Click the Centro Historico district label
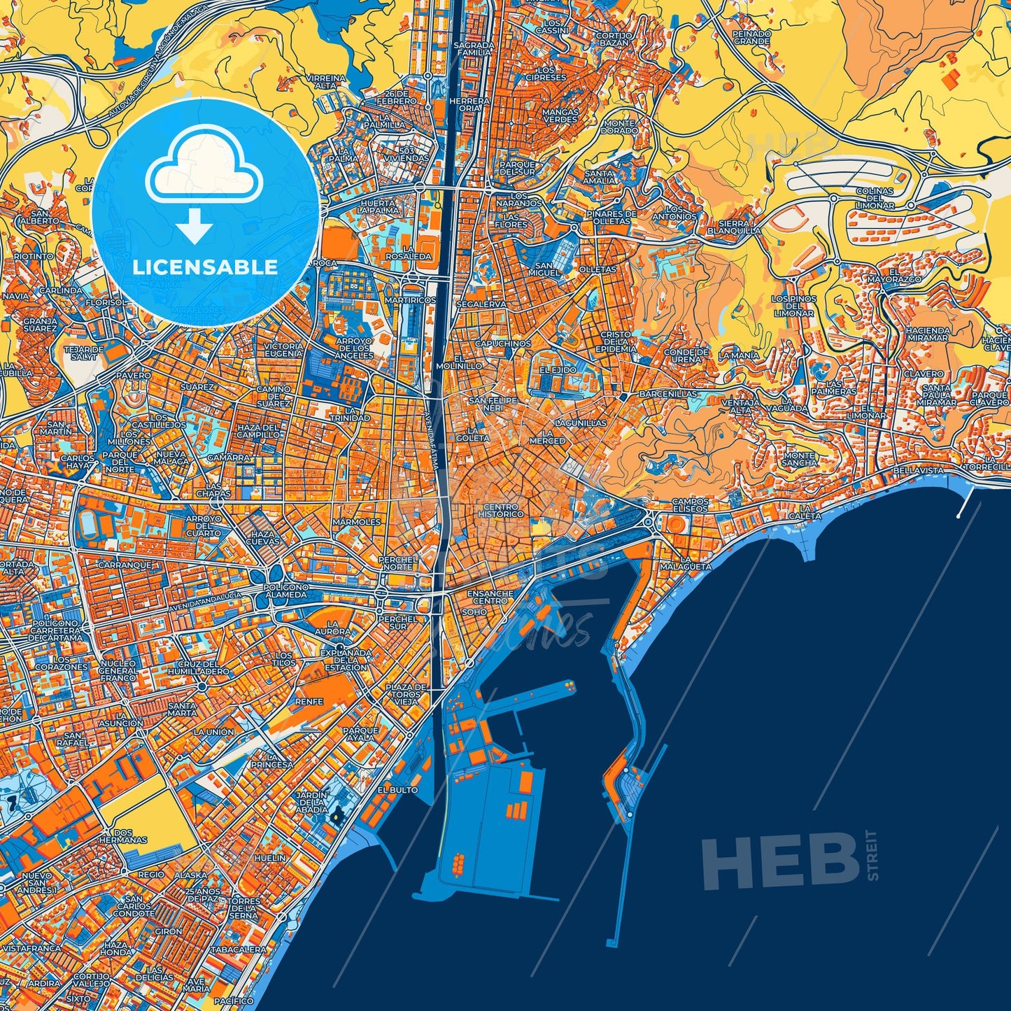tap(501, 510)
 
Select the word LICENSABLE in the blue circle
tap(206, 267)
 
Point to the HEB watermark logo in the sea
tap(781, 861)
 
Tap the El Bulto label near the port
tap(397, 789)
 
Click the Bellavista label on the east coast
tap(917, 471)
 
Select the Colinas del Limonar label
tap(875, 198)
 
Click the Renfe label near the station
tap(309, 701)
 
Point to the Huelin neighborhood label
tap(270, 857)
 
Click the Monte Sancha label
tap(799, 458)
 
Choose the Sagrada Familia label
tap(474, 48)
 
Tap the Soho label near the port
tap(474, 611)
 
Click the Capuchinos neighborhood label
tap(503, 344)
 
